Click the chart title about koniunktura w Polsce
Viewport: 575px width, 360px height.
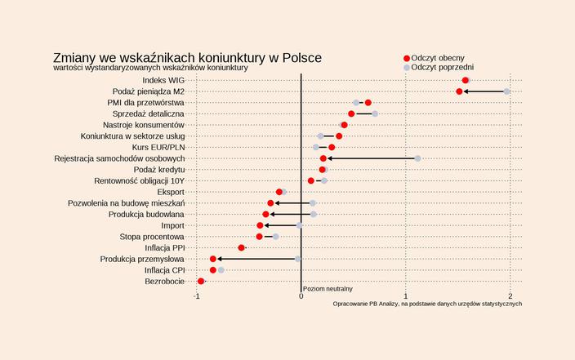[187, 58]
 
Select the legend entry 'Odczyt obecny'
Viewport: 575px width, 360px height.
[441, 58]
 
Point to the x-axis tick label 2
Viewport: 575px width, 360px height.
[510, 296]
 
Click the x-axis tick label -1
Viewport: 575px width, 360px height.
[197, 296]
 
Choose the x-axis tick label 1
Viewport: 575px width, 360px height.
[405, 296]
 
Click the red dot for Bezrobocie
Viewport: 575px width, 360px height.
[201, 282]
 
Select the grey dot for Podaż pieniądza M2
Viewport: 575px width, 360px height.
[506, 91]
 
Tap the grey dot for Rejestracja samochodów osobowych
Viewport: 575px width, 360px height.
[417, 158]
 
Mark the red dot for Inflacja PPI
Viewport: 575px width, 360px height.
[242, 247]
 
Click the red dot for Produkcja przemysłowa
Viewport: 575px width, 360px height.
[213, 259]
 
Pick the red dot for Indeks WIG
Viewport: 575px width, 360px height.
[465, 81]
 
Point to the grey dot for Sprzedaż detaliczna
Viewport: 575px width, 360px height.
[375, 113]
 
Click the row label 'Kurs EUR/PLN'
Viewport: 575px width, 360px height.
[158, 147]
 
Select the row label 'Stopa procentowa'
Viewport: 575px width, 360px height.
[152, 237]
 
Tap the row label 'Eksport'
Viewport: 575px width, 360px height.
[170, 192]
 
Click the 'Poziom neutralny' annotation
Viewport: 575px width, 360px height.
[328, 289]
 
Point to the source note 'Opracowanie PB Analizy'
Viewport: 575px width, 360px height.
[427, 304]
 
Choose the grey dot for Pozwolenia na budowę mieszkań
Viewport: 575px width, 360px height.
[313, 202]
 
